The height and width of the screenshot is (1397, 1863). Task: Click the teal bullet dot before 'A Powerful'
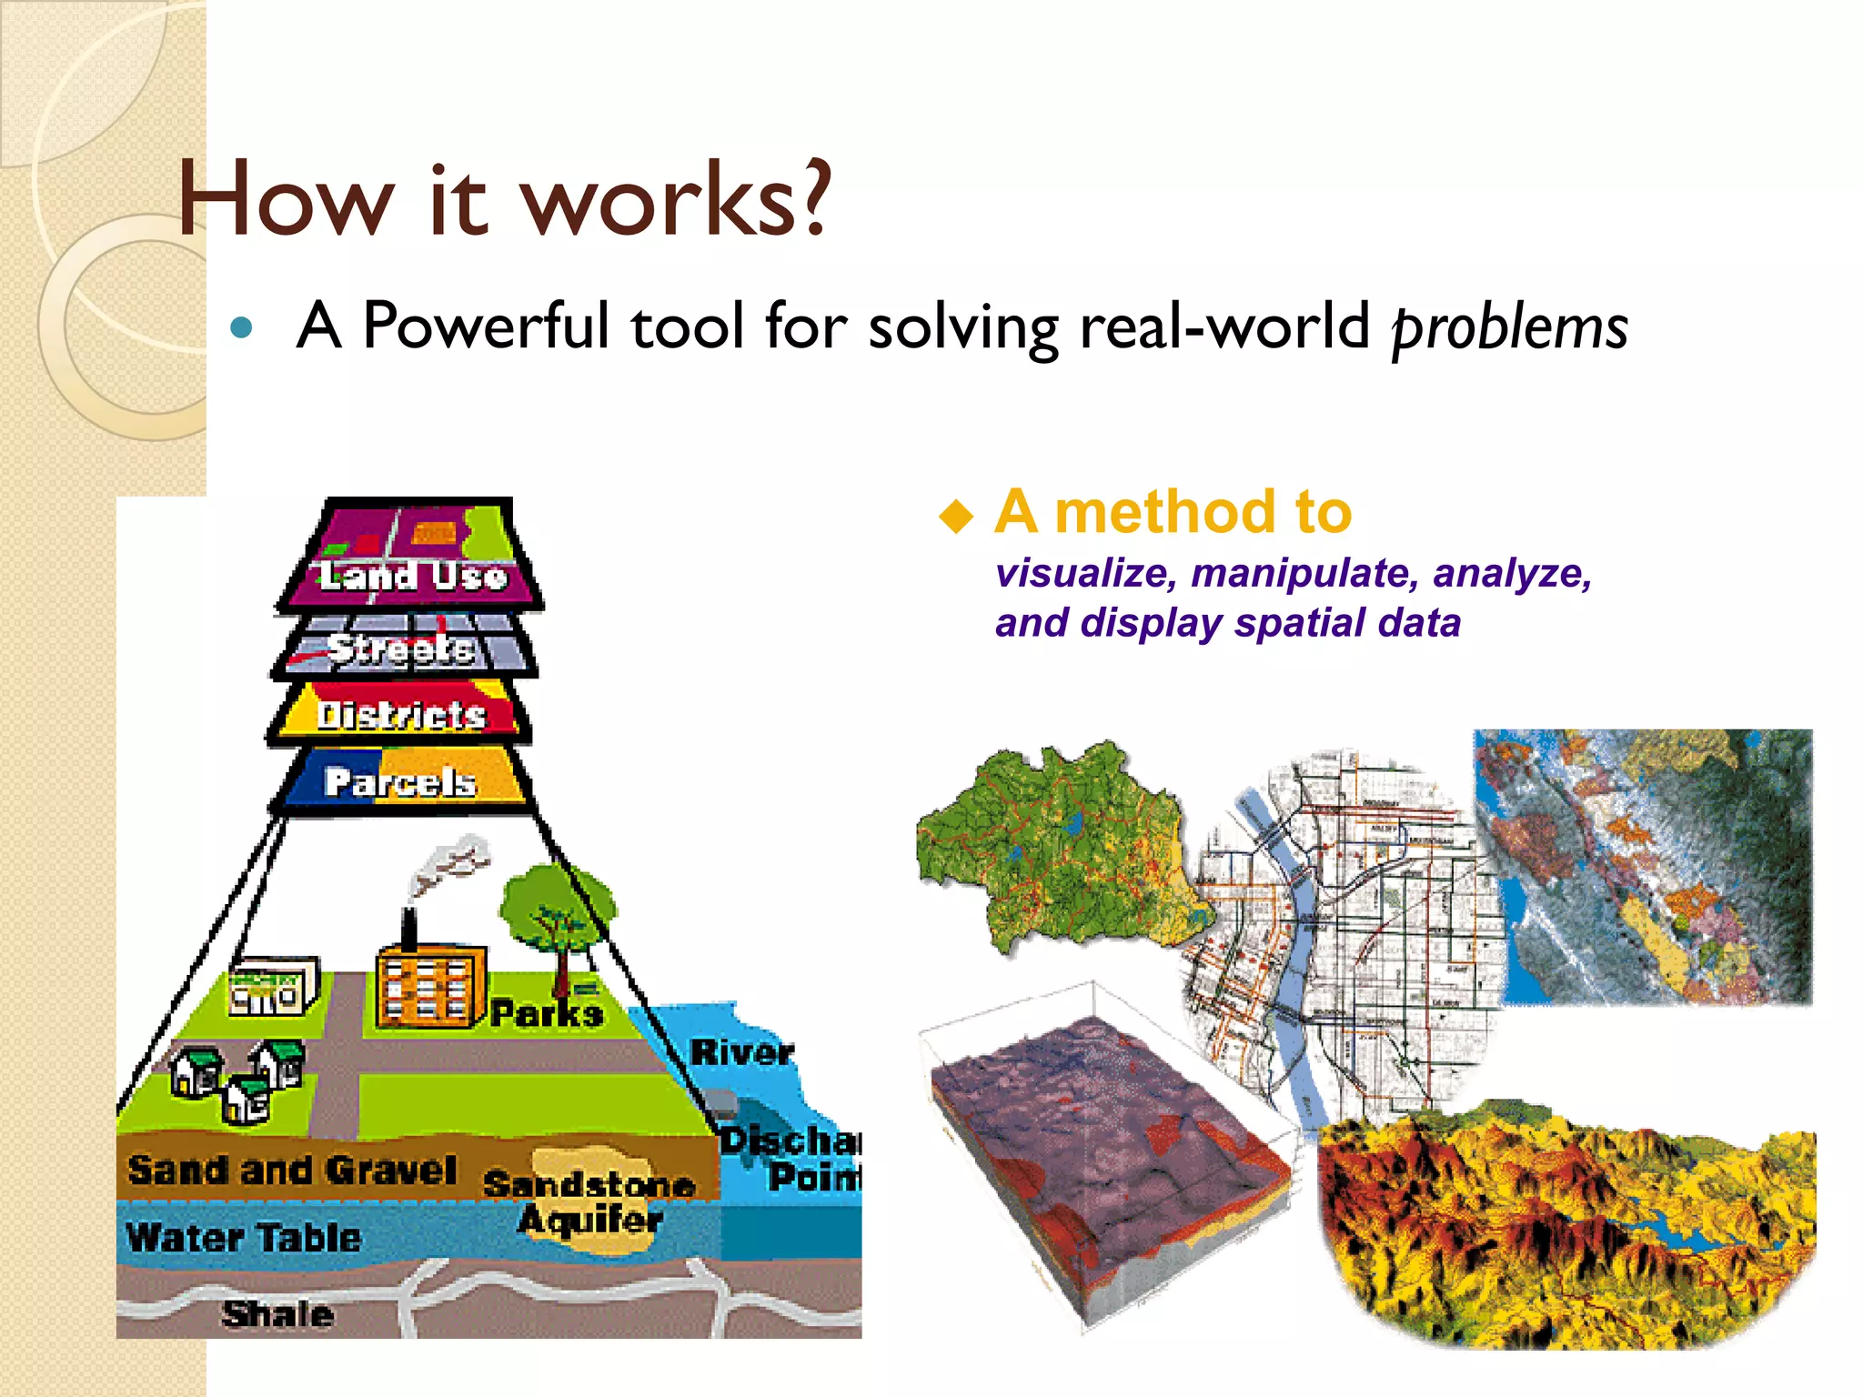(241, 327)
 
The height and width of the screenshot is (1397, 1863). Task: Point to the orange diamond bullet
(956, 516)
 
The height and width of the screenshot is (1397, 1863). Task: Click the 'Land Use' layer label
(411, 575)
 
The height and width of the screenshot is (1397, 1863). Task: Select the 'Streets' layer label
(401, 648)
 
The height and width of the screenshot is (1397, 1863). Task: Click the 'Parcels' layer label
(400, 781)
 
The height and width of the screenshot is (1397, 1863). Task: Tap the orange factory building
(428, 988)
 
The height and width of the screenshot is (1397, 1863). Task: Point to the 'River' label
(741, 1052)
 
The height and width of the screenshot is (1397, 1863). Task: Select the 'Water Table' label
(244, 1238)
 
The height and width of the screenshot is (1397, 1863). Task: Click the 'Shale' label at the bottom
(277, 1313)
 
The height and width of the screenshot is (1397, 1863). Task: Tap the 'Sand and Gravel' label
(291, 1170)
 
